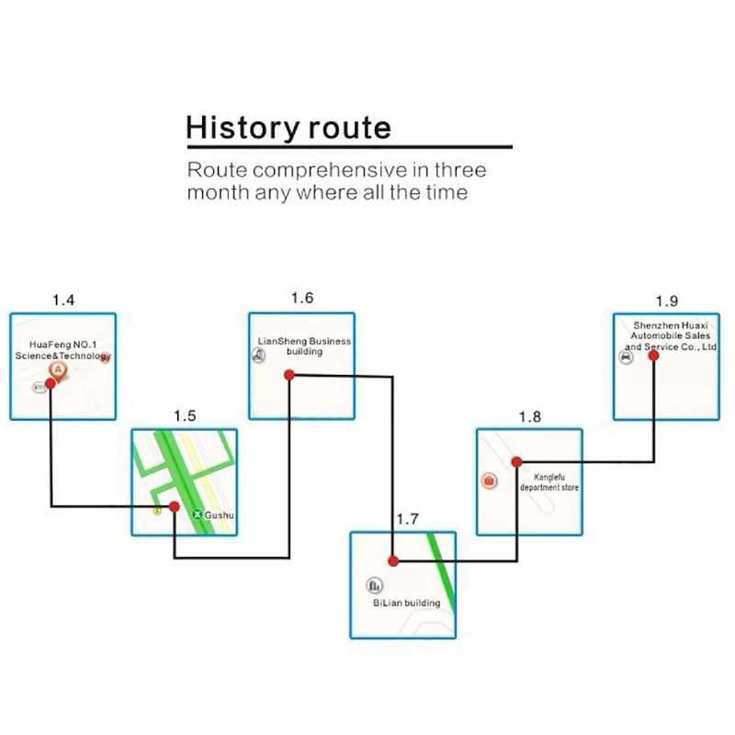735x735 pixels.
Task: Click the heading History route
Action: coord(288,127)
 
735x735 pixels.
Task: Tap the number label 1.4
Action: coord(63,300)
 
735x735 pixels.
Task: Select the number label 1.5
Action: coord(185,415)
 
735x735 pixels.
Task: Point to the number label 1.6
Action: coord(302,298)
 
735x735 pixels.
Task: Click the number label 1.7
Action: coord(407,519)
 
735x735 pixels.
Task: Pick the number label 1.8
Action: coord(530,416)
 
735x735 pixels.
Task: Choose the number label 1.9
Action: coord(667,300)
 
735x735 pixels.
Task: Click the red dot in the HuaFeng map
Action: coord(51,383)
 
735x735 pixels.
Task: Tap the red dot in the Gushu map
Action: coord(174,505)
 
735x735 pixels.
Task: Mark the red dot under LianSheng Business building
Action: coord(288,374)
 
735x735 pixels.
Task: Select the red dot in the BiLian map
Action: coord(393,560)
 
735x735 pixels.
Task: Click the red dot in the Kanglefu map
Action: coord(516,461)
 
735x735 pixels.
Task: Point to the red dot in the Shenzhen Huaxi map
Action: coord(653,356)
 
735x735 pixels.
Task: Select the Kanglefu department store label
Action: coord(549,482)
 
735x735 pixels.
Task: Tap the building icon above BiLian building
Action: coord(374,585)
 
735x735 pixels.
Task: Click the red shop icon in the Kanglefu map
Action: coord(490,481)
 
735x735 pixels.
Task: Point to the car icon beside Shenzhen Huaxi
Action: coord(626,359)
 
